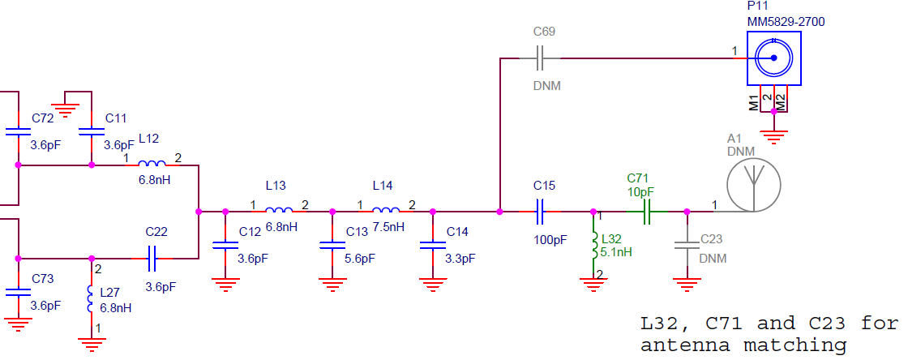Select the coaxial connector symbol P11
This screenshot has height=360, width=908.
tap(773, 58)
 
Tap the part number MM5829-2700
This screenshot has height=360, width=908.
tap(786, 22)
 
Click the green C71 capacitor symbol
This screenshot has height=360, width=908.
tap(646, 212)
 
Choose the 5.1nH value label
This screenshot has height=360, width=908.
tap(615, 252)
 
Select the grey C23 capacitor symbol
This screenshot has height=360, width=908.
tap(687, 244)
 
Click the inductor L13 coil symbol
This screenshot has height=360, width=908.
tap(279, 212)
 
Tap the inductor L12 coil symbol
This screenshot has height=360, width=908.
tap(152, 165)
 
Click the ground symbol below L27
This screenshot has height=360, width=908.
tap(91, 345)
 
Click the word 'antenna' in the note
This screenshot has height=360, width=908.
tap(685, 346)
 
